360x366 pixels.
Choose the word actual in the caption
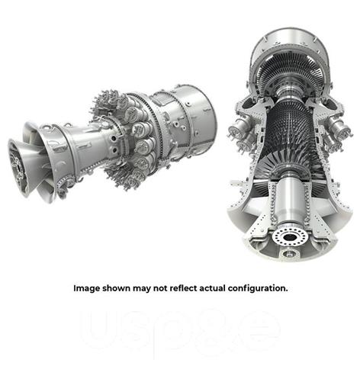point(225,289)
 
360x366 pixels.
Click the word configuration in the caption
point(264,289)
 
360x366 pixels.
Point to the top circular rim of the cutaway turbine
point(294,34)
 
